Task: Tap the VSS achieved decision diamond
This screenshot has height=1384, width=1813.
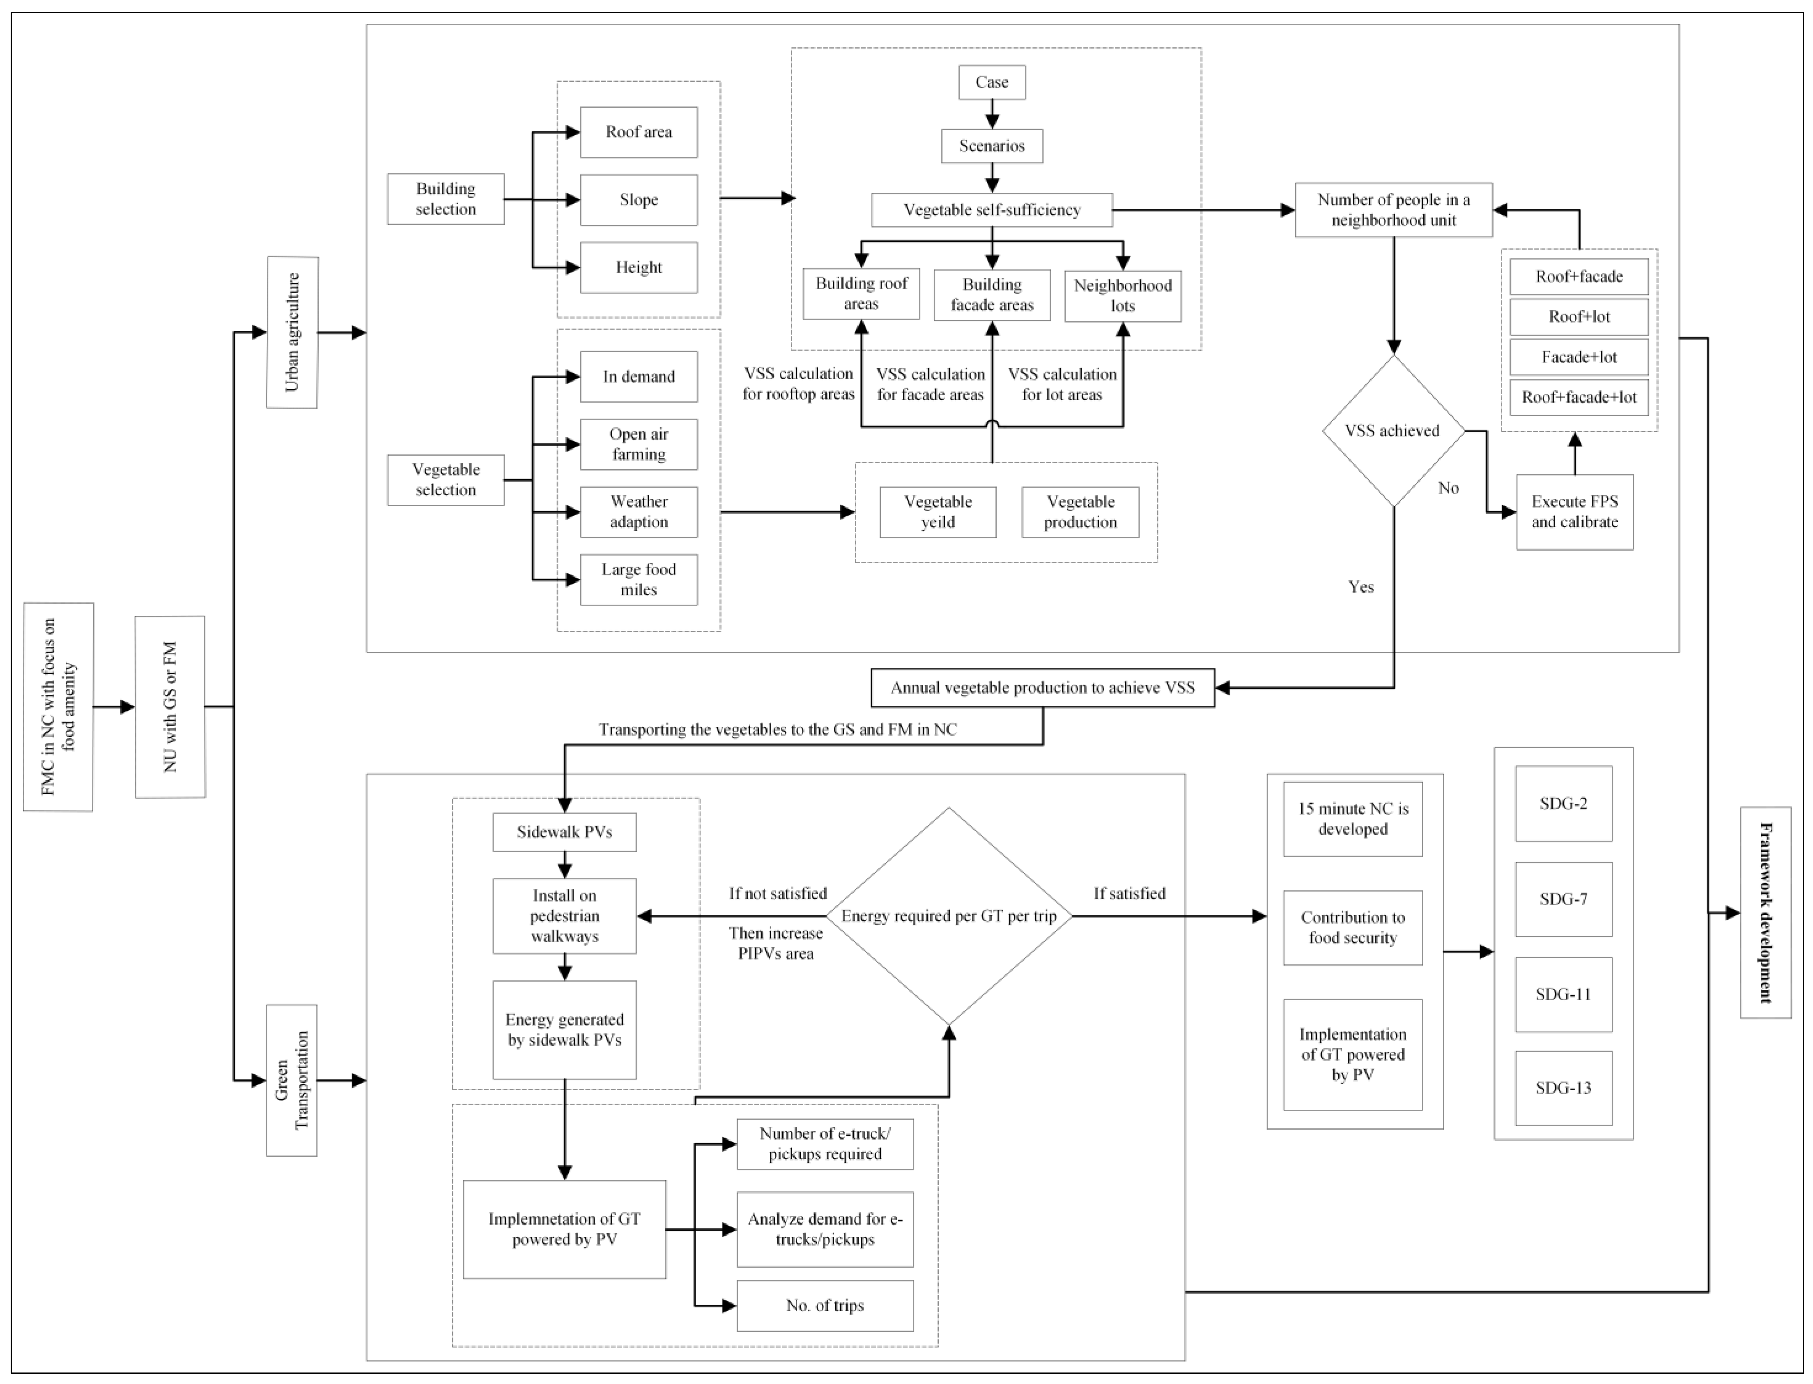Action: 1393,430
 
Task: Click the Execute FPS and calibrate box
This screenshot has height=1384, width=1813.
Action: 1574,512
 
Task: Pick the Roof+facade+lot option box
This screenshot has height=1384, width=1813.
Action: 1579,397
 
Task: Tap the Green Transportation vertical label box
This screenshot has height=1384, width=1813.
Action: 292,1080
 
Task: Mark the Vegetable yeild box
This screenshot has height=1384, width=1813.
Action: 938,512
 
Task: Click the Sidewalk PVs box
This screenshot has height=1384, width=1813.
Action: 564,832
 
